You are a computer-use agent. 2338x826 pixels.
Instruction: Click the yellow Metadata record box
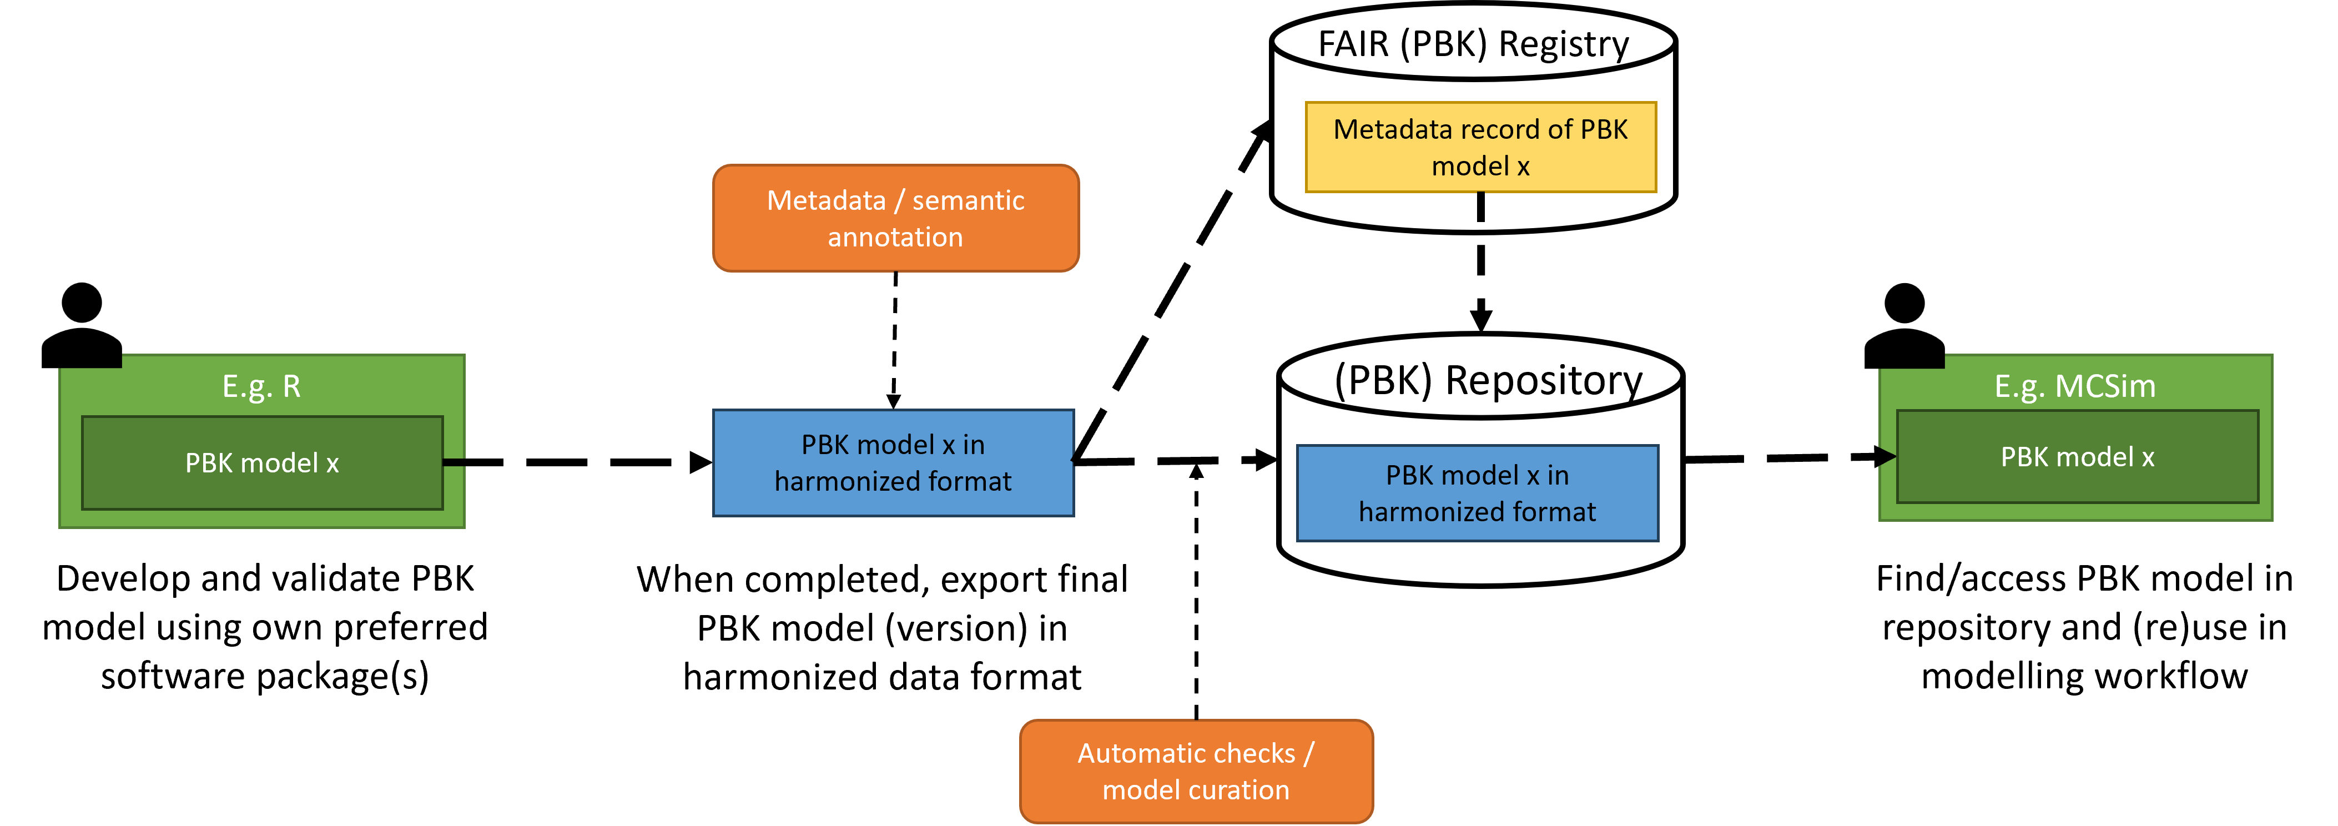(1480, 147)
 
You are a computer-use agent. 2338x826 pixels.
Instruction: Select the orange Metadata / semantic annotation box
(896, 218)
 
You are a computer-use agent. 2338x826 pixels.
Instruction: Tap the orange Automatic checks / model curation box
(1196, 772)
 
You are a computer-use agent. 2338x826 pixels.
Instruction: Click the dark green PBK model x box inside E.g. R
(263, 463)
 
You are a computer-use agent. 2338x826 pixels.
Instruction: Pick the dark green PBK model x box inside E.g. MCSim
(2078, 456)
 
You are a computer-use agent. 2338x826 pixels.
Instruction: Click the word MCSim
(2105, 387)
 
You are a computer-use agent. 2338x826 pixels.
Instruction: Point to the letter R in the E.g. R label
(291, 387)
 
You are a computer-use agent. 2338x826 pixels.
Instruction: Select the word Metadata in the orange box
(826, 200)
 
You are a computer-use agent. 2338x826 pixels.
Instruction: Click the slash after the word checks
(1309, 753)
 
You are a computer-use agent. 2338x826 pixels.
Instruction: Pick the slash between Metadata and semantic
(899, 200)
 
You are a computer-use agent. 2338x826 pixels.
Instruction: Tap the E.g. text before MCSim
(2019, 387)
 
